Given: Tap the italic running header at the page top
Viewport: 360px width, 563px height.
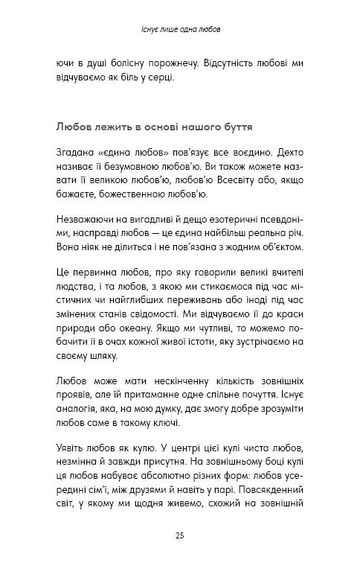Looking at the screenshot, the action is pyautogui.click(x=179, y=31).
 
